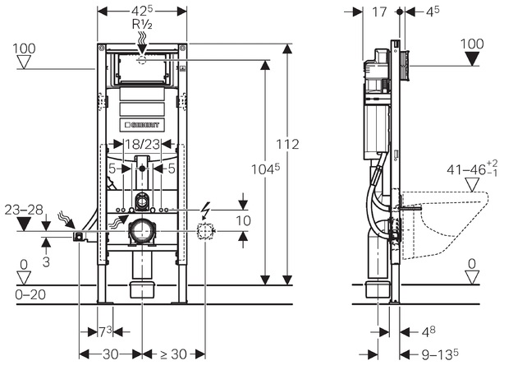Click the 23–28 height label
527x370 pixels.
click(x=22, y=209)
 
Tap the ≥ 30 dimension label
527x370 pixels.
click(x=173, y=354)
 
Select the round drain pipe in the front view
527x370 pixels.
click(x=142, y=233)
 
